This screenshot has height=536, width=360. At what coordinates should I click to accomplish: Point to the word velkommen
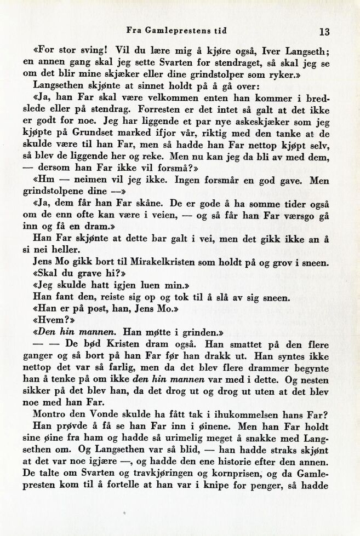pos(157,97)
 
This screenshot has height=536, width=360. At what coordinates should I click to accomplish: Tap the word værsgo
pos(302,215)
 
